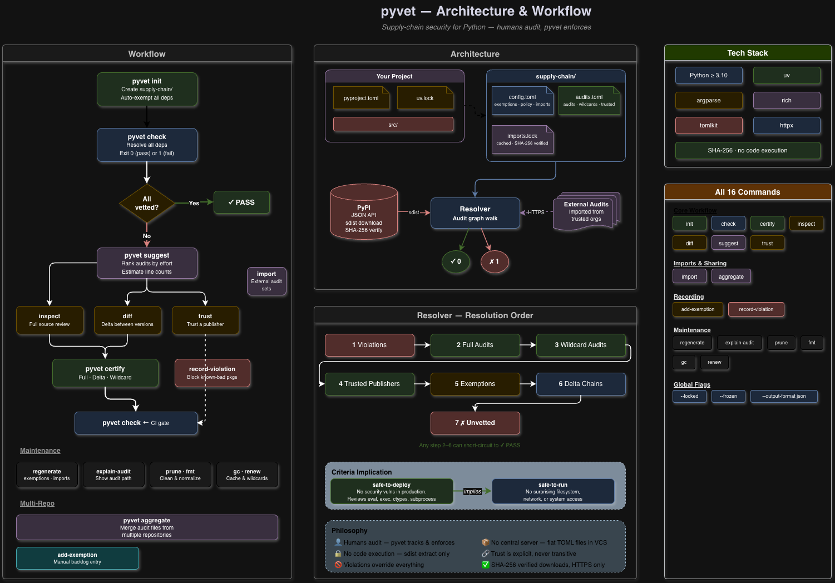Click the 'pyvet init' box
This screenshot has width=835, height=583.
coord(147,89)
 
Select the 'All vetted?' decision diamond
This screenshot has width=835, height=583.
coord(147,203)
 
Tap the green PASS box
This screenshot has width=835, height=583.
coord(241,202)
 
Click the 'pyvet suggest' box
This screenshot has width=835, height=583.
coord(147,263)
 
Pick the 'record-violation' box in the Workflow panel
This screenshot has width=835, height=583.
coord(212,373)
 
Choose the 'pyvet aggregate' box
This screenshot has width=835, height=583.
coord(147,527)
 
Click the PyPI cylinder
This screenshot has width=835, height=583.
coord(364,215)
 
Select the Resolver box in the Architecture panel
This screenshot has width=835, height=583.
coord(475,213)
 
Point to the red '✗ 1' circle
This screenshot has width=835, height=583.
coord(494,261)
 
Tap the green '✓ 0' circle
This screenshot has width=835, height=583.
coord(456,261)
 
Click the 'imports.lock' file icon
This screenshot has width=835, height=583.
coord(522,139)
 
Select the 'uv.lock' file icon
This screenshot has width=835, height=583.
coord(425,98)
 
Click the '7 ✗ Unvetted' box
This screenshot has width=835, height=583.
coord(475,423)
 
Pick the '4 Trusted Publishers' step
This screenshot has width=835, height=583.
coord(369,384)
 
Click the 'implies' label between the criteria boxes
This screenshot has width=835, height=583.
coord(472,491)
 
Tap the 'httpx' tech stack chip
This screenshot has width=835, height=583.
coord(787,125)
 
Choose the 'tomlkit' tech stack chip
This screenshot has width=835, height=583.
coord(709,125)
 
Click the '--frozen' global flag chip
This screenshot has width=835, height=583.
coord(728,396)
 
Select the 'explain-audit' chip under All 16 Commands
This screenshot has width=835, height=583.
coord(739,343)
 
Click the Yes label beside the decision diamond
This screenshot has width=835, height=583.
coord(194,203)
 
